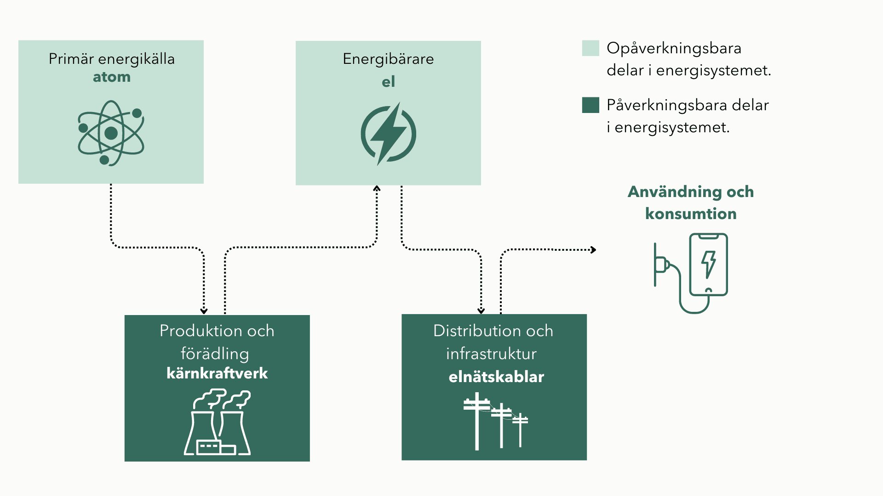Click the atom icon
tap(111, 133)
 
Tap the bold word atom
tap(112, 77)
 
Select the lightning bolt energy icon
tap(389, 134)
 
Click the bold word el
tap(388, 82)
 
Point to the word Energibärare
tap(388, 59)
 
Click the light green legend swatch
tap(591, 48)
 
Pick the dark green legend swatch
tap(591, 105)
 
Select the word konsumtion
tap(691, 214)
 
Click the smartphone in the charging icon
tap(708, 264)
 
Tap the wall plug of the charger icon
tap(661, 265)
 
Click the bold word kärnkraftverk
tap(217, 373)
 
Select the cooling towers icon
tap(218, 423)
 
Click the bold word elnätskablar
tap(496, 377)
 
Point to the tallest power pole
tap(477, 420)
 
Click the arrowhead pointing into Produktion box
tap(204, 311)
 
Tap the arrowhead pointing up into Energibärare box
tap(377, 188)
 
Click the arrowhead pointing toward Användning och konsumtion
tap(594, 250)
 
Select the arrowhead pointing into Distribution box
tap(481, 311)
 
